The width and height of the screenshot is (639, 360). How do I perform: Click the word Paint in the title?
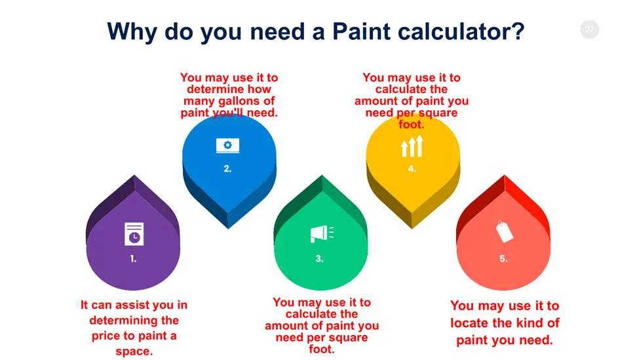coord(362,31)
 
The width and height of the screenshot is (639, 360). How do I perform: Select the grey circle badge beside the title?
coord(589,30)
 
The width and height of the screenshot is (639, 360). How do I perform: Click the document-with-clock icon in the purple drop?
coord(134,234)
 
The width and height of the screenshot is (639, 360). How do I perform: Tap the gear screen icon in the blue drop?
coord(227,146)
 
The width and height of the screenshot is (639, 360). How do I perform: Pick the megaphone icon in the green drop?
coord(322,233)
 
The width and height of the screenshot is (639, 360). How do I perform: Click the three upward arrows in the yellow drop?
coord(412,146)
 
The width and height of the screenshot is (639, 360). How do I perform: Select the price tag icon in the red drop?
coord(504,231)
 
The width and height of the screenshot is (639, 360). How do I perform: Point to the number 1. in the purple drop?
coord(133,258)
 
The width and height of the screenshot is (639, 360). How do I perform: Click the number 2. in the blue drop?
coord(227,169)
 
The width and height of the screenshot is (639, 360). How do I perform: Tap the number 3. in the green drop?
coord(320,258)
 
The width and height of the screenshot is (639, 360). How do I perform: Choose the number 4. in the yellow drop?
coord(412,169)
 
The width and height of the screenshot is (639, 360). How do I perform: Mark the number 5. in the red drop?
coord(504,258)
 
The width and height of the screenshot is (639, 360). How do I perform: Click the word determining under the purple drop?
coord(134,321)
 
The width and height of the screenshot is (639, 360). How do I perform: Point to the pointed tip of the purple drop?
coord(134,176)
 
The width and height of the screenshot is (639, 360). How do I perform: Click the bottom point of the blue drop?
coord(228,228)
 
